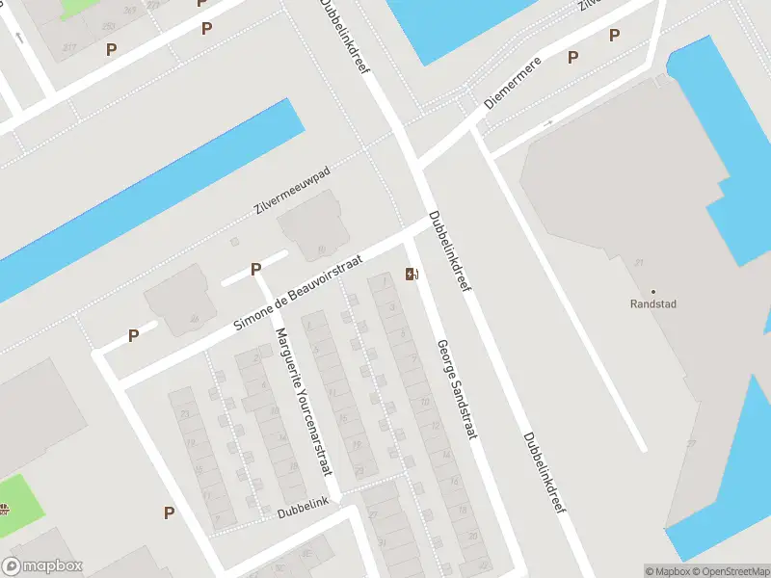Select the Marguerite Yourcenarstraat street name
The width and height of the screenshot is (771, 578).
point(303,402)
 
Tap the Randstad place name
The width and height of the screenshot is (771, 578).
point(652,304)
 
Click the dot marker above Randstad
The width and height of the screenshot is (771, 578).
point(652,291)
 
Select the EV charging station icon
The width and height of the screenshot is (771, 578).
point(412,274)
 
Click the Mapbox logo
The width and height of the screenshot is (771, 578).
point(42,566)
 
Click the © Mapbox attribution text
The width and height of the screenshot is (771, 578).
point(669,571)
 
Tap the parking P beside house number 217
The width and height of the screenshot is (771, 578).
point(112,49)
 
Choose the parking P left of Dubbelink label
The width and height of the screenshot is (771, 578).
point(170,512)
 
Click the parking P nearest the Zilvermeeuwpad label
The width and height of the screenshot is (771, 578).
point(256,270)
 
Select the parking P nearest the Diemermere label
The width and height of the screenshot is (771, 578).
point(572,58)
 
